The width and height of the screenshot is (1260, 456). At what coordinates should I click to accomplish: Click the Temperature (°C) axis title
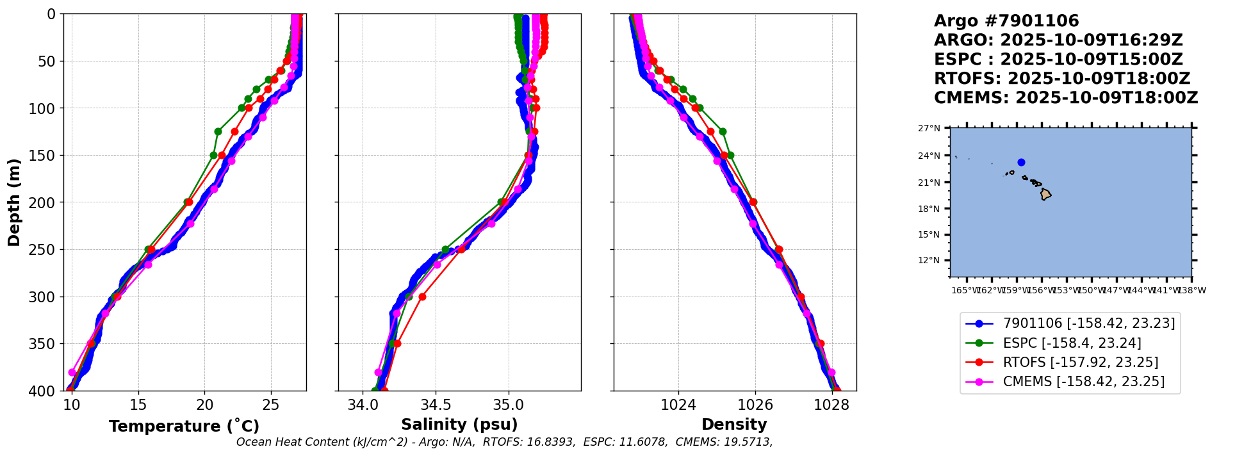184,426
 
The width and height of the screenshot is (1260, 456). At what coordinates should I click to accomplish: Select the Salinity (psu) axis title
459,425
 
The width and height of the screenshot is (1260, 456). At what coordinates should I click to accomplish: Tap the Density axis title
734,425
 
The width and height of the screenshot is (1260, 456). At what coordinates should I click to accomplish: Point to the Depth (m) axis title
14,202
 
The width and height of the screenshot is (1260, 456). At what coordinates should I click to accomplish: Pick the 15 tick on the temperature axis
138,405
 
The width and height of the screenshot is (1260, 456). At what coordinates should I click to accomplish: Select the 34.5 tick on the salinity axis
436,405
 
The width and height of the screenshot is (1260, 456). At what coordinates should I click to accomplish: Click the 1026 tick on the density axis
755,405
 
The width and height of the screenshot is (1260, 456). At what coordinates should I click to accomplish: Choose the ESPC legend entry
1071,343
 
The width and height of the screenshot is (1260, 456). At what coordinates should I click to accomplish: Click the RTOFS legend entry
1080,362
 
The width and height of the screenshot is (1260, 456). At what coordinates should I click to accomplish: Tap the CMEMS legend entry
1083,382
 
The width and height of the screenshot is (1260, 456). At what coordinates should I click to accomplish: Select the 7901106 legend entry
1088,324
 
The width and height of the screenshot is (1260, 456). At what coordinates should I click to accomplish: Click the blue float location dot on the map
1021,162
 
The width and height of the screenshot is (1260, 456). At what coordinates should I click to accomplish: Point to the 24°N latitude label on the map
929,156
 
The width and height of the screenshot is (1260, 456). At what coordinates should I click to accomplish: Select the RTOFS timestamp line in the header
1061,79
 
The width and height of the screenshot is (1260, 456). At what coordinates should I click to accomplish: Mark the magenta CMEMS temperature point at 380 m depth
72,372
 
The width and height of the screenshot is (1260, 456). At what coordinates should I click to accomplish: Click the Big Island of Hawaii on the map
1045,194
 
